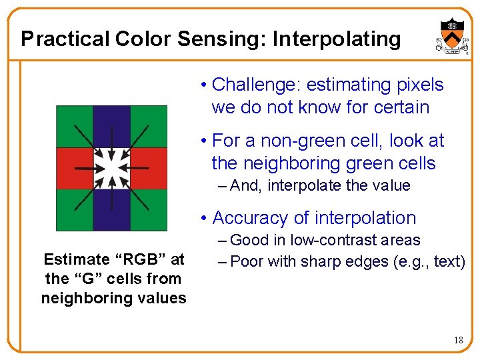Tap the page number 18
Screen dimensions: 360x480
pyautogui.click(x=458, y=341)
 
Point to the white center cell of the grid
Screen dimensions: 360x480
pyautogui.click(x=111, y=168)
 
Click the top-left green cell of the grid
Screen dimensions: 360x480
pyautogui.click(x=74, y=127)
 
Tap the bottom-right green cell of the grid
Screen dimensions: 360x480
pyautogui.click(x=149, y=210)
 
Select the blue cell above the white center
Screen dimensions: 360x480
pyautogui.click(x=111, y=127)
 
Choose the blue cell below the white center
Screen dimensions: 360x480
pyautogui.click(x=111, y=210)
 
